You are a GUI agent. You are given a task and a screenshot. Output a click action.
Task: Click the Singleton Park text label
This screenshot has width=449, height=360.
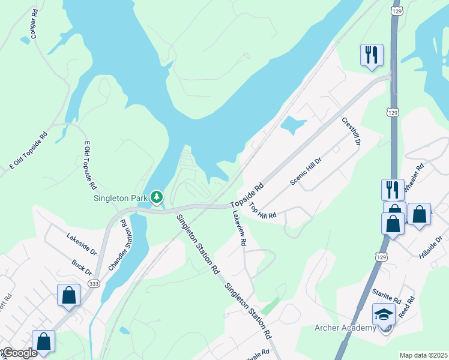pyautogui.click(x=121, y=199)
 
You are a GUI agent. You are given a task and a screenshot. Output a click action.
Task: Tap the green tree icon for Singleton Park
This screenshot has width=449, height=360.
pyautogui.click(x=157, y=196)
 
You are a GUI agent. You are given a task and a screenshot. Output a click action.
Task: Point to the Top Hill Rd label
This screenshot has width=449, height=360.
pyautogui.click(x=262, y=211)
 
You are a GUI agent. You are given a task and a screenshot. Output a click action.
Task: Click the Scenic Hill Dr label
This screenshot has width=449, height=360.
pyautogui.click(x=306, y=172)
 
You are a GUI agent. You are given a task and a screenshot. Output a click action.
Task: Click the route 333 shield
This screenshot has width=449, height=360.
pyautogui.click(x=93, y=283)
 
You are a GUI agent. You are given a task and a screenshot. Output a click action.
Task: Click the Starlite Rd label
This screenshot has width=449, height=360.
pyautogui.click(x=386, y=295)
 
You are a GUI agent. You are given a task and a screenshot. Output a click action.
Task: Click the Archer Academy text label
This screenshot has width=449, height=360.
pyautogui.click(x=345, y=328)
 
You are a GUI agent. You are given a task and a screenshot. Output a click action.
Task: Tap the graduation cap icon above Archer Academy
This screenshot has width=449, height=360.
pyautogui.click(x=384, y=314)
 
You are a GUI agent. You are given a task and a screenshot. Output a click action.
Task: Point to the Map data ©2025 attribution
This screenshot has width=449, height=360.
pyautogui.click(x=423, y=355)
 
